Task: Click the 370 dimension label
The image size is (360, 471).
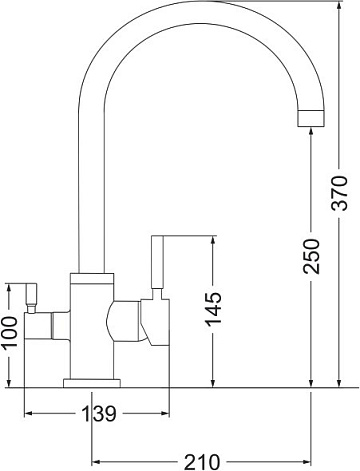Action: click(339, 193)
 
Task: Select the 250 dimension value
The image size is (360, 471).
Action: click(311, 256)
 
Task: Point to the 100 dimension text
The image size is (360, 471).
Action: click(9, 332)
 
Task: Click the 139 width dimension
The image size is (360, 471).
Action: click(99, 414)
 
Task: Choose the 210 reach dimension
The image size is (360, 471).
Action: click(202, 462)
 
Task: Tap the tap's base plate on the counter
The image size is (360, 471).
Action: click(92, 383)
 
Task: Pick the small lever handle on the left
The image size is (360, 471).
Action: click(32, 295)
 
